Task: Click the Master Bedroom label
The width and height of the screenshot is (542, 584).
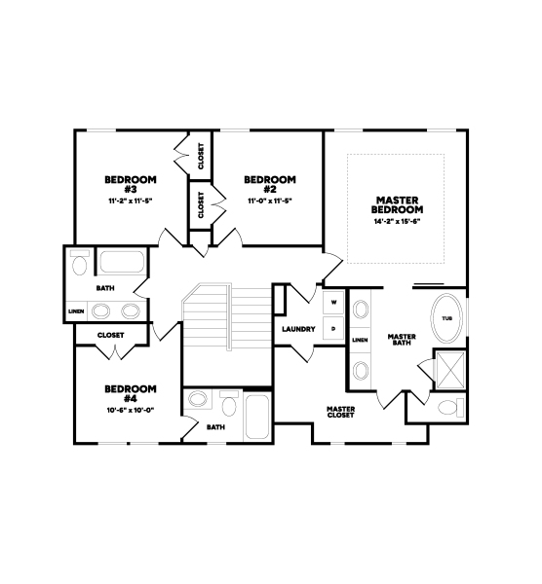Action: pos(397,204)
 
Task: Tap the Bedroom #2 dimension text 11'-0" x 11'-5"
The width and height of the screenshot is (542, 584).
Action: pos(270,201)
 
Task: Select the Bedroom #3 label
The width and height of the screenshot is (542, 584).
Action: pos(131,184)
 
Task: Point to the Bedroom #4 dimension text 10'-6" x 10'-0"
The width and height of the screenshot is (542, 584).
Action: pos(131,410)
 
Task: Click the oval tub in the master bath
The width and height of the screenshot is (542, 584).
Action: pos(446,318)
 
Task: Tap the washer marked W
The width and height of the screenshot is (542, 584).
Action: pos(333,302)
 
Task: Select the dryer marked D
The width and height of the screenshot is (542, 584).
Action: pos(333,329)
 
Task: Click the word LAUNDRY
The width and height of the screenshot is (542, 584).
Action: pos(298,329)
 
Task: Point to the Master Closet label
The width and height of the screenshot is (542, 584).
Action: pos(340,412)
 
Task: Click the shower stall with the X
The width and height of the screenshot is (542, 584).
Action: pos(450,370)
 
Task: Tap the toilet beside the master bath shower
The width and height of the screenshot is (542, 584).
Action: pos(450,408)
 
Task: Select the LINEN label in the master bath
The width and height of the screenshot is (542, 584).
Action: pos(360,340)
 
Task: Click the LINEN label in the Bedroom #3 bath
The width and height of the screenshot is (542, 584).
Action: pos(76,311)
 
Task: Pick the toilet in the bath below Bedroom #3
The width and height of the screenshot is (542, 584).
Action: pos(80,263)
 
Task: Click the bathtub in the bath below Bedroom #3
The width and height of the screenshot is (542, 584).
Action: pos(123,262)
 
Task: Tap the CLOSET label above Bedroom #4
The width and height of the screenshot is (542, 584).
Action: pos(111,335)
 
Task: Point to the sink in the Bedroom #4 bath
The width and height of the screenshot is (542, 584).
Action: pos(198,399)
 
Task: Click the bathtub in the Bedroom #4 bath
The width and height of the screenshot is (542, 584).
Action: pos(257,417)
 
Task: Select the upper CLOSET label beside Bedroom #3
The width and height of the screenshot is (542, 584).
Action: pos(201,157)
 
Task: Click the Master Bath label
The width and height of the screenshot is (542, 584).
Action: pos(402,340)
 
